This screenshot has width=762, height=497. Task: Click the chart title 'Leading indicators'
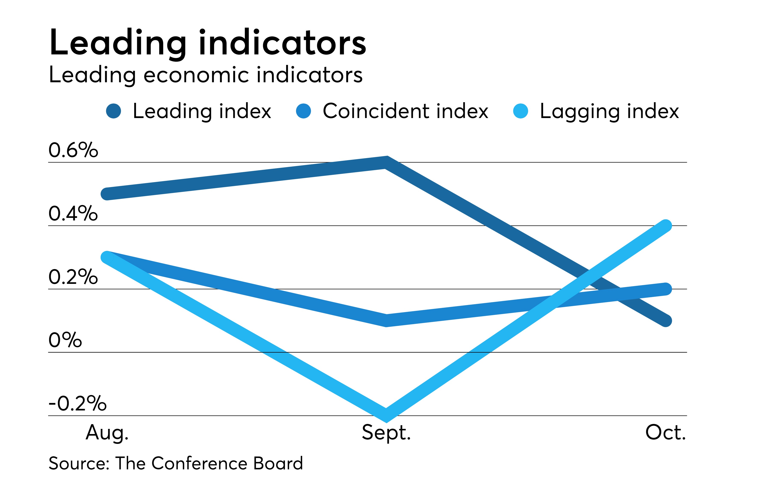(207, 43)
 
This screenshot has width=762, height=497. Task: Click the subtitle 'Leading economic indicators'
(205, 75)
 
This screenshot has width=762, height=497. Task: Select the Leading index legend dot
(114, 111)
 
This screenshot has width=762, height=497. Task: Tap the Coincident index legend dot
(304, 111)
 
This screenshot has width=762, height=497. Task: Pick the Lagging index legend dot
(520, 111)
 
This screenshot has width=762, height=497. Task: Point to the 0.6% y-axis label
(73, 150)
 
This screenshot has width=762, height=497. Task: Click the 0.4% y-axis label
(73, 213)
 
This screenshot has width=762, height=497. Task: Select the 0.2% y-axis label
(73, 277)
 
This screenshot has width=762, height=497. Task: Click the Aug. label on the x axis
(107, 433)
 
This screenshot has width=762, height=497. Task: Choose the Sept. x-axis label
(386, 433)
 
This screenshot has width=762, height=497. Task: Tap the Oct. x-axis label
(665, 433)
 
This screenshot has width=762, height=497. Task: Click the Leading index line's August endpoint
(107, 194)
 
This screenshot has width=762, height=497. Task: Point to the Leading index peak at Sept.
(386, 162)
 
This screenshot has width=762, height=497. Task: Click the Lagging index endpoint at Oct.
(666, 226)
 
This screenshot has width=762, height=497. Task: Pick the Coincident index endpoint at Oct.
(666, 289)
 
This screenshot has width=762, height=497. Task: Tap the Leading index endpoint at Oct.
(666, 321)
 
